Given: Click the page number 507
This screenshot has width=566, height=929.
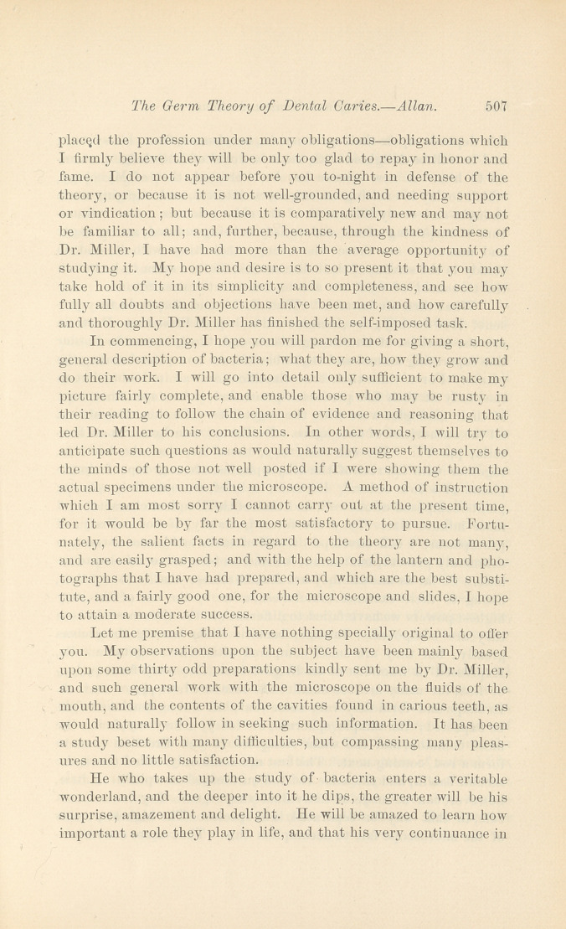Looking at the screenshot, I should tap(497, 106).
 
